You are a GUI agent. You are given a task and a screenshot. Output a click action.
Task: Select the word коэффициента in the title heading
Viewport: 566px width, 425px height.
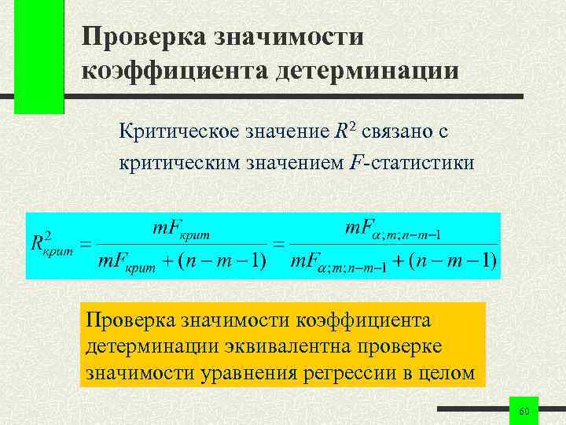tap(173, 71)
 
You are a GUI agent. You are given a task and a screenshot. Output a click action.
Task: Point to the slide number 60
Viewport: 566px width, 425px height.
tap(525, 412)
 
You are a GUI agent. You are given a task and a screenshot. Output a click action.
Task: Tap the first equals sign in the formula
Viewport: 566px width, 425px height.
tap(86, 242)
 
